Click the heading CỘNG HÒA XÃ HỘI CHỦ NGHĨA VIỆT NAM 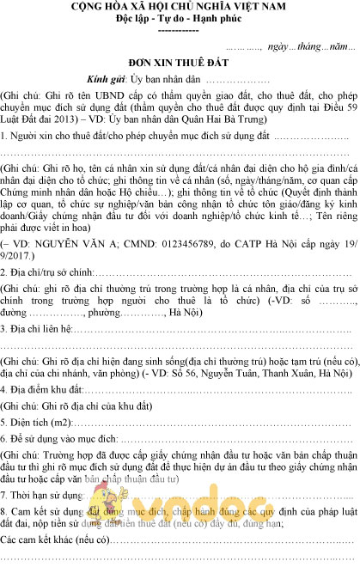(x=179, y=7)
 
